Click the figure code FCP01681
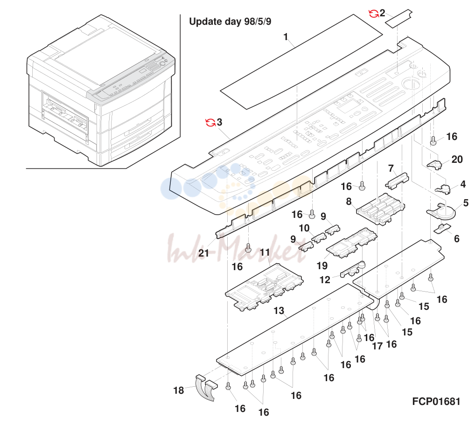tap(436, 401)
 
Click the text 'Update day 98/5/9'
tap(230, 21)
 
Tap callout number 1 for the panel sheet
tap(286, 37)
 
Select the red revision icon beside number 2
tap(374, 14)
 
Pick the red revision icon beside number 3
tap(210, 122)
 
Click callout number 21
tap(203, 253)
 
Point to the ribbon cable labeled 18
tap(206, 387)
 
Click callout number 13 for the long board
tap(279, 311)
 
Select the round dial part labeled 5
tap(441, 211)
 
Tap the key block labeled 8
tap(380, 209)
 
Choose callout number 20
tap(457, 160)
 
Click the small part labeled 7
tap(397, 181)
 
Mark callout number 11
tap(265, 252)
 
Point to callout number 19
tap(322, 265)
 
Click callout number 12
tap(325, 279)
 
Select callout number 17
tap(377, 346)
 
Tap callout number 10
tap(304, 228)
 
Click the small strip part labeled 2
tap(399, 19)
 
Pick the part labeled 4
tap(443, 189)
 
